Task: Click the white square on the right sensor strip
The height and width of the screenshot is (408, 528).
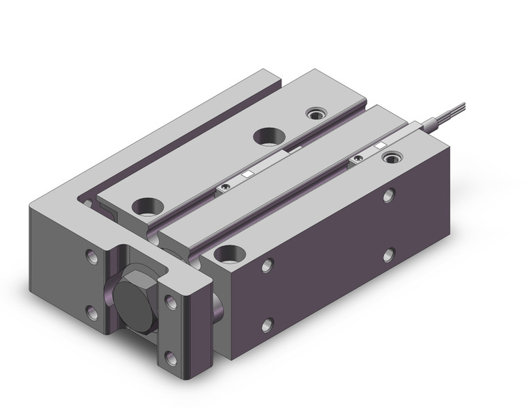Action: tap(379, 147)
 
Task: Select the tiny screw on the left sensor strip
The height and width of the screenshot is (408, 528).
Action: tap(224, 186)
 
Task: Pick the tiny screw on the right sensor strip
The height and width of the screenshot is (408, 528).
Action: tap(356, 159)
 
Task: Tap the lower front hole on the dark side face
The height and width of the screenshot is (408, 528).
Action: tap(267, 323)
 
